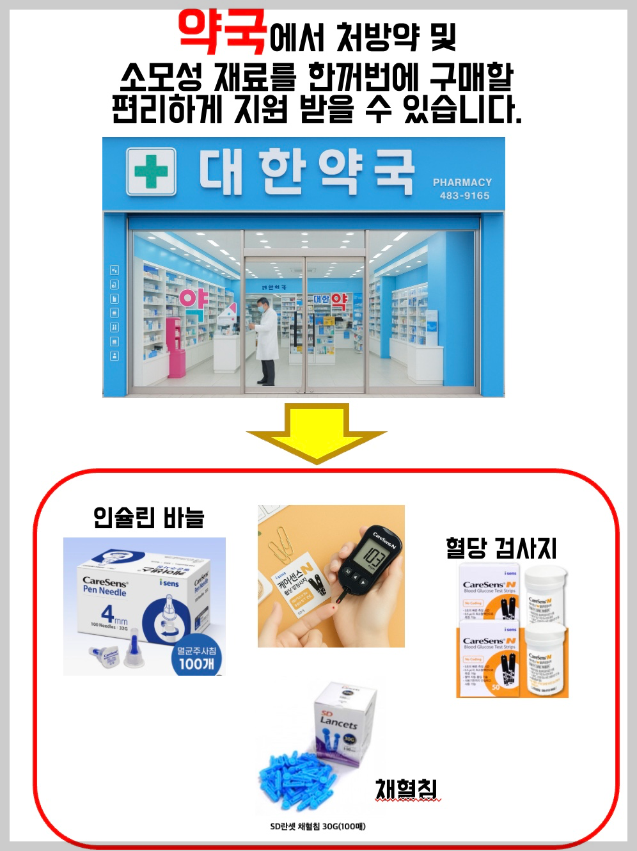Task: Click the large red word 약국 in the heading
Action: pyautogui.click(x=222, y=32)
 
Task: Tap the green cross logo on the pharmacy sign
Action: pyautogui.click(x=151, y=171)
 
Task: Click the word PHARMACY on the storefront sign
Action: pyautogui.click(x=462, y=182)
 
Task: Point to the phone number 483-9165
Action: pyautogui.click(x=464, y=196)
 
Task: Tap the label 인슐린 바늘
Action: pyautogui.click(x=148, y=517)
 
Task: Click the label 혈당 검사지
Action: pyautogui.click(x=501, y=548)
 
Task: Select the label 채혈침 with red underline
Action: pyautogui.click(x=406, y=789)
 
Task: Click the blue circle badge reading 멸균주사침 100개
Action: pyautogui.click(x=196, y=658)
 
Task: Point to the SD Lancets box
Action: pyautogui.click(x=344, y=720)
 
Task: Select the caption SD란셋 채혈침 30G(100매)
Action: pyautogui.click(x=318, y=826)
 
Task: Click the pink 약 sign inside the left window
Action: pyautogui.click(x=193, y=299)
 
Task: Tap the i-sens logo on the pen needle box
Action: pyautogui.click(x=169, y=584)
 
